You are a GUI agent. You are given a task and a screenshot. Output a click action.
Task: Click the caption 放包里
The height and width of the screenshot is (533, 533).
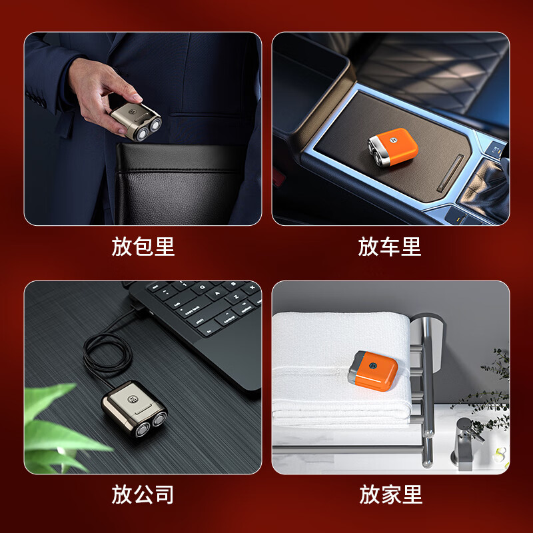point(143,247)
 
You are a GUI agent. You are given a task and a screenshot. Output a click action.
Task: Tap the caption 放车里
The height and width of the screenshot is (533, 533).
point(390,247)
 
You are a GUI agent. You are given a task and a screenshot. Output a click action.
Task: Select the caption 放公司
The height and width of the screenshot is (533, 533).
point(143,494)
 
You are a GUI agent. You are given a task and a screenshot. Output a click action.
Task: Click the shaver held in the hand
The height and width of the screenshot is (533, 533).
point(135,121)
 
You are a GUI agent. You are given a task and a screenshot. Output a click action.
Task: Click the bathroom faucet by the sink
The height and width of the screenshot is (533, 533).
point(466,440)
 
